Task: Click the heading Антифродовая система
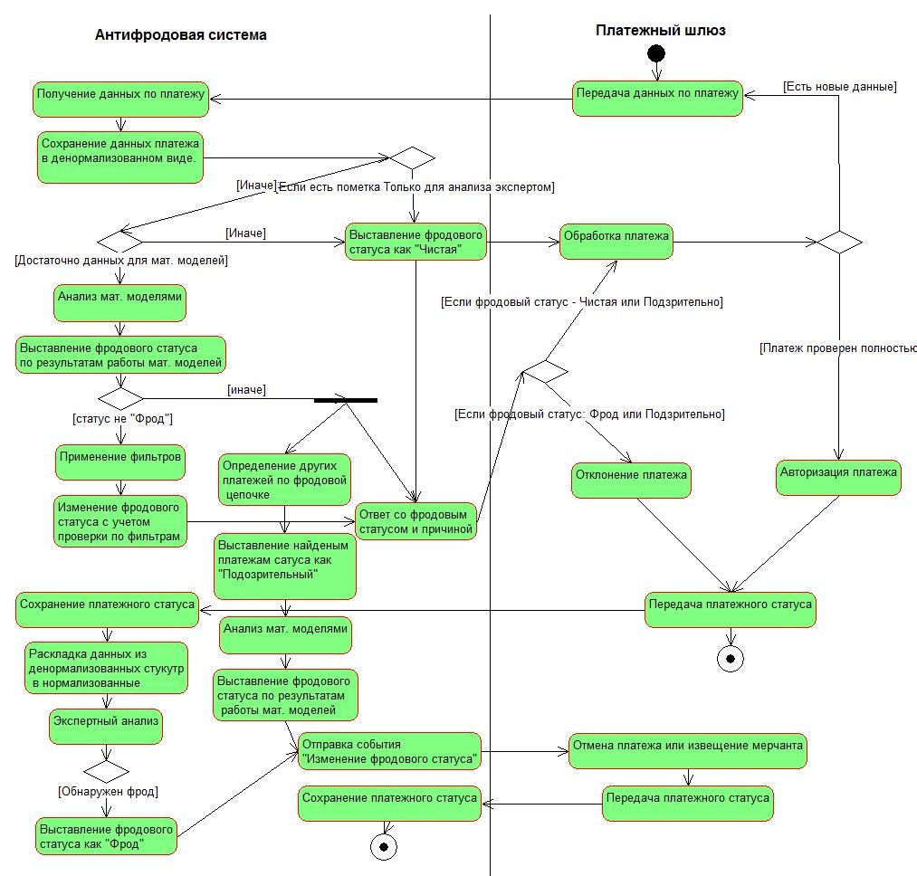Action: (x=181, y=35)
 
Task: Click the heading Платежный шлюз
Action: (x=660, y=30)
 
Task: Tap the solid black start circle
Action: (x=656, y=53)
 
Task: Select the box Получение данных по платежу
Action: (x=121, y=99)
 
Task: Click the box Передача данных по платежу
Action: (x=658, y=98)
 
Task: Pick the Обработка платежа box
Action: (x=616, y=241)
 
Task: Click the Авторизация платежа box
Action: (x=839, y=477)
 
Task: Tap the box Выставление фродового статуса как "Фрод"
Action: (x=106, y=836)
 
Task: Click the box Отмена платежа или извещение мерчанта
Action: (x=688, y=751)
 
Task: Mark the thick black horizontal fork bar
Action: (x=346, y=400)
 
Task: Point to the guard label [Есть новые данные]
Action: (x=839, y=87)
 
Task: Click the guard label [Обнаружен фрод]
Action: (x=109, y=792)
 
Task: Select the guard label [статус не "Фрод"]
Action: (x=122, y=420)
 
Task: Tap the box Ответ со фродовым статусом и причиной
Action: (x=416, y=521)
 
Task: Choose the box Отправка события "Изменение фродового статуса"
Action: (x=389, y=751)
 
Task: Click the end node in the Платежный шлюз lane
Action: (x=731, y=658)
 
